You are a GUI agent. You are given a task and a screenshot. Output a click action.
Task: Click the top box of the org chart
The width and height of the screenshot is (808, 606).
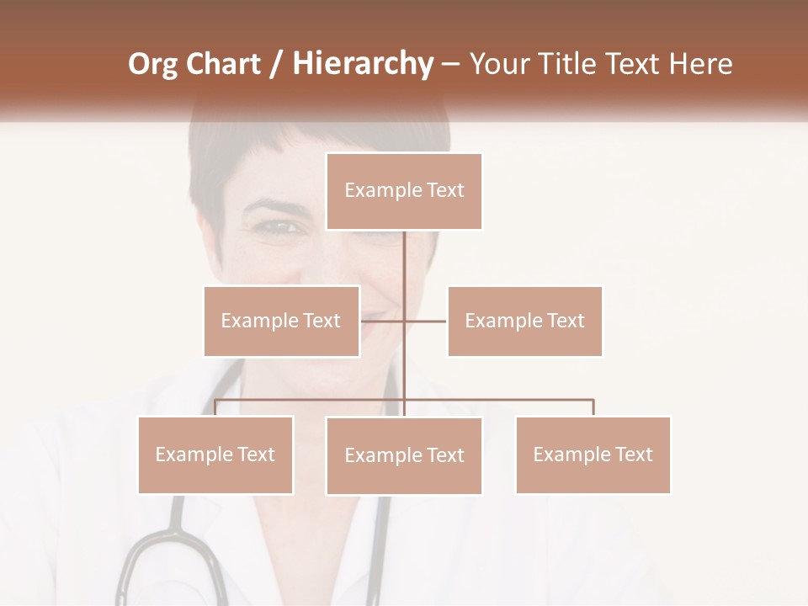[x=404, y=191]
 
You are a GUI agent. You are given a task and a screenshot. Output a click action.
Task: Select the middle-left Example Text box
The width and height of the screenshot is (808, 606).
[x=281, y=321]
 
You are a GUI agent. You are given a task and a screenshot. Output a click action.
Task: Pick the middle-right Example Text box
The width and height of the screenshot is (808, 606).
[x=524, y=321]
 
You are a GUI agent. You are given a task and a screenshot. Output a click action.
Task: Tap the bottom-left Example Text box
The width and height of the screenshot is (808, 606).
[x=215, y=454]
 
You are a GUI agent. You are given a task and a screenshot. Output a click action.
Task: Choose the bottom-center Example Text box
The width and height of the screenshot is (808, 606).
[x=404, y=455]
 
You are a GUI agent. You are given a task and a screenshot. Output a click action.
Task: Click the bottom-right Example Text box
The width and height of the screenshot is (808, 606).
[x=593, y=454]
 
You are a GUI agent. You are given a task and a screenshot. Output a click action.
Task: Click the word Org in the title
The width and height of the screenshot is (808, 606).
[x=152, y=64]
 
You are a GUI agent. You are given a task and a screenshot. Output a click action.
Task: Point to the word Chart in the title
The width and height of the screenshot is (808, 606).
[x=223, y=64]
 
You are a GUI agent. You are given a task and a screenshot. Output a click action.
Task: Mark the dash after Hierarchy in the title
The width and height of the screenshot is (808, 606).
[x=450, y=64]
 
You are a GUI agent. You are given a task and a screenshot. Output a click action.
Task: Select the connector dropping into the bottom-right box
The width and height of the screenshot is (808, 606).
[x=593, y=408]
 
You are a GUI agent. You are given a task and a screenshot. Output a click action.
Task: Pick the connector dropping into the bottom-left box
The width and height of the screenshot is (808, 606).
[x=215, y=408]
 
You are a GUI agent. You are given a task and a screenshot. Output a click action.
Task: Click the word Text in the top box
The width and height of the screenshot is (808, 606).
[x=444, y=191]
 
